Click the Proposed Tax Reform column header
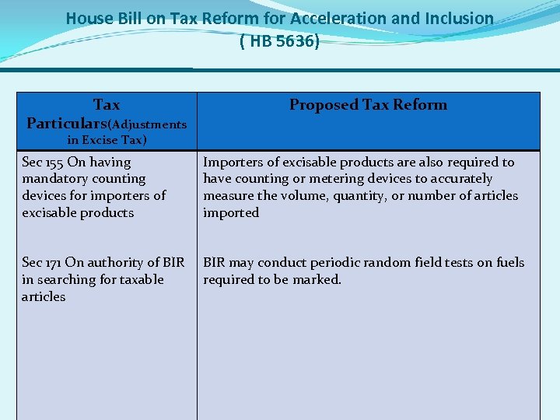(368, 105)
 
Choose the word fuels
(508, 263)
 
